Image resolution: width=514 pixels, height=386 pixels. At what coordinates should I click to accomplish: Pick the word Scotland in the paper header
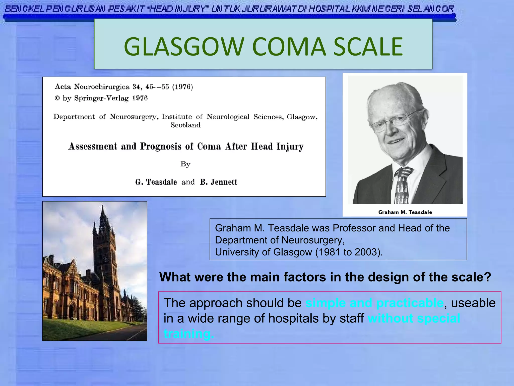tap(185, 125)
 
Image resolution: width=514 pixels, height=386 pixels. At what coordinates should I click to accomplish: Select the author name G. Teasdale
tap(156, 182)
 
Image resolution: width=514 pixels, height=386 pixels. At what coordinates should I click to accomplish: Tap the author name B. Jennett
tap(218, 182)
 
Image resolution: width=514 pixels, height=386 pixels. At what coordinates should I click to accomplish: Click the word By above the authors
tap(185, 164)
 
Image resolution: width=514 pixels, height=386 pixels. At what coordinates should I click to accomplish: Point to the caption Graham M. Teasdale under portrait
tap(405, 212)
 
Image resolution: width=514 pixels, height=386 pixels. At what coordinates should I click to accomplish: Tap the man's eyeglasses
tap(394, 121)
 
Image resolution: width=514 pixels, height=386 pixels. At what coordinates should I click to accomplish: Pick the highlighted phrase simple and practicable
tap(374, 303)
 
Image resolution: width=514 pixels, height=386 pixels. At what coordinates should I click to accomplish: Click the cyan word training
tap(189, 334)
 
